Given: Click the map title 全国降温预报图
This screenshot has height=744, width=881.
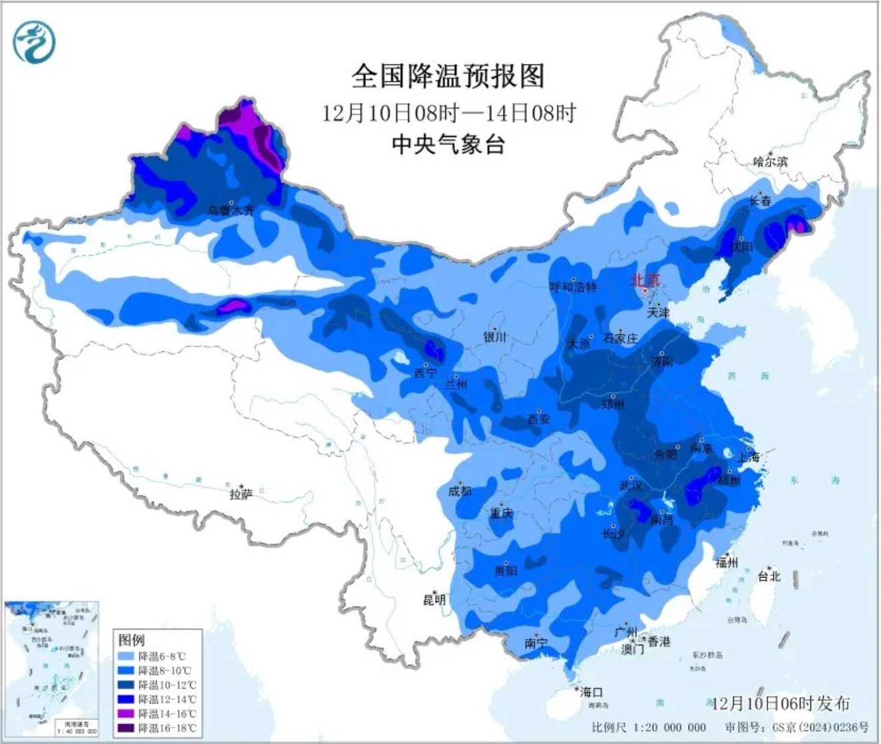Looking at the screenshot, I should (x=447, y=76).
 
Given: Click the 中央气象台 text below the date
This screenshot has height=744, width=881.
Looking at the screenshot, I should (x=447, y=144).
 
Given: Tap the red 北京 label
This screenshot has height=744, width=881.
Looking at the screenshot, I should (x=645, y=281).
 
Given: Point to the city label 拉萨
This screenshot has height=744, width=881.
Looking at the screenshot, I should (x=241, y=494).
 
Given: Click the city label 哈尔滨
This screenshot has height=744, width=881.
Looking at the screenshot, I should (x=770, y=162).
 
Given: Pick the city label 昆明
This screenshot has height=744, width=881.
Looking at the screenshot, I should (x=434, y=600).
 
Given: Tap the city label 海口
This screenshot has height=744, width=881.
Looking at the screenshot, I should (x=590, y=693).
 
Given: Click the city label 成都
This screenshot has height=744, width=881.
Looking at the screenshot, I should (x=460, y=491).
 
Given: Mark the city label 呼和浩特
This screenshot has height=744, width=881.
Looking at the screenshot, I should (x=573, y=287).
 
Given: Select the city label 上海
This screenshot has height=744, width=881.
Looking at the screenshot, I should (x=748, y=457).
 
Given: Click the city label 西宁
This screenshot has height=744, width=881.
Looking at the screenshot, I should (x=425, y=373).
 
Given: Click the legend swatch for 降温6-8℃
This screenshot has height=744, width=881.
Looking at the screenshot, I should (x=126, y=656).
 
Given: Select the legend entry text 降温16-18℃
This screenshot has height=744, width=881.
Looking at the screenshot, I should (x=167, y=729).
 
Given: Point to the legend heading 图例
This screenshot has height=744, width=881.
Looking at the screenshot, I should (x=131, y=640).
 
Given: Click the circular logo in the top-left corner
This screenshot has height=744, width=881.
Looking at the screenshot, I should (x=34, y=41).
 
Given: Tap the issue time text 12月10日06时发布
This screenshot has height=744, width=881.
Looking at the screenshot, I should (x=780, y=703).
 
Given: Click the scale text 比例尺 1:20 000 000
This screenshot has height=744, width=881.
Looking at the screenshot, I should (x=648, y=727).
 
